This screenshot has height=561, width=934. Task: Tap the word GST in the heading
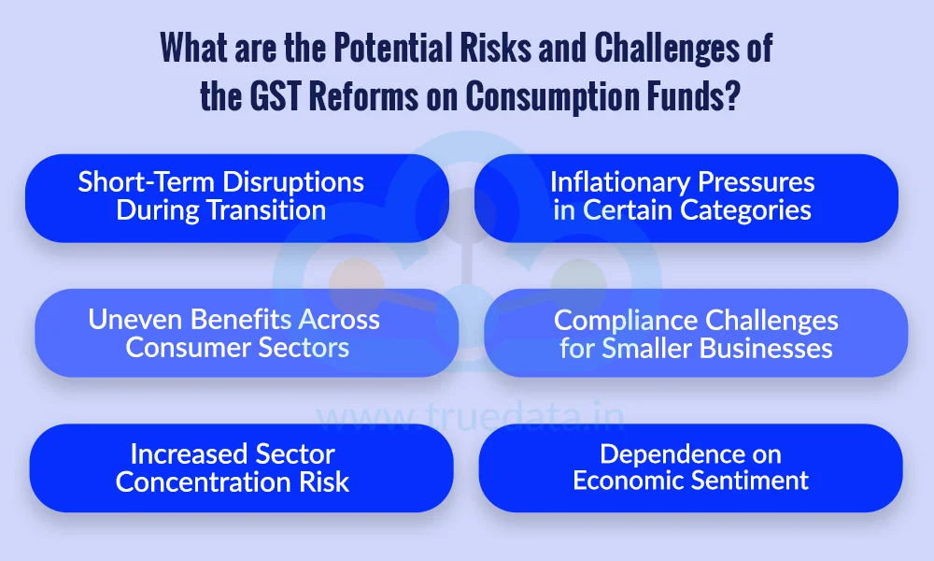pyautogui.click(x=277, y=96)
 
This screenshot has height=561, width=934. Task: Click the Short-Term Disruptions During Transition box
pyautogui.click(x=236, y=197)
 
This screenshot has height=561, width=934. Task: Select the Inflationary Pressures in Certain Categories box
pyautogui.click(x=686, y=197)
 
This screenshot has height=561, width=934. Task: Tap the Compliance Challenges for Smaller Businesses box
pyautogui.click(x=695, y=333)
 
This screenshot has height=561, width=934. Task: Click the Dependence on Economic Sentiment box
pyautogui.click(x=690, y=467)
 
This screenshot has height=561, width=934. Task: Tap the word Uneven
pyautogui.click(x=131, y=319)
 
